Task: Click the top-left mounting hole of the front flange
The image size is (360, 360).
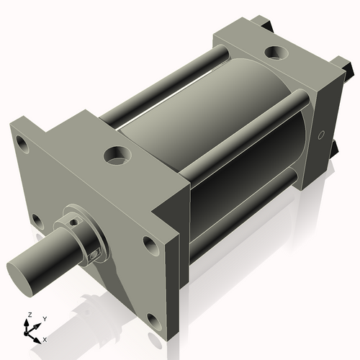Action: pos(23,143)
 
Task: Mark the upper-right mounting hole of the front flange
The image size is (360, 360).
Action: pos(150,245)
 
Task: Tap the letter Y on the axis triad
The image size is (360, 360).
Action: pos(45,318)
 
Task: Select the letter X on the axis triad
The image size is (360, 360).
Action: pos(45,338)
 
